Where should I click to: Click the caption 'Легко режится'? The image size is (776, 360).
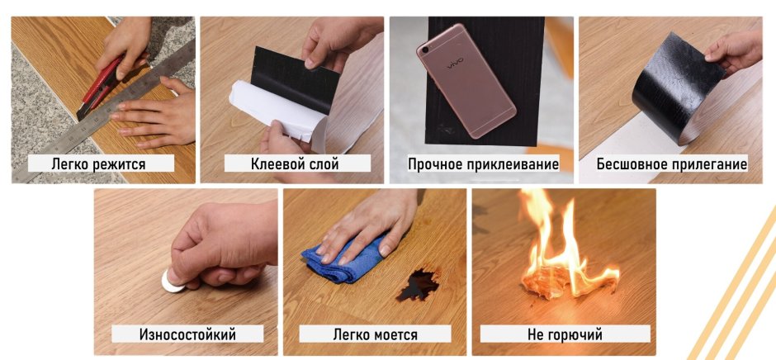click(98, 164)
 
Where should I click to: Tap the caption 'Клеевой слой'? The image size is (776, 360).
click(295, 163)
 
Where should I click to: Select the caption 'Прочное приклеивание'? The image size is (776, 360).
click(483, 163)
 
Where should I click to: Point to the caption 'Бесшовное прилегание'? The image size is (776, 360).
click(672, 164)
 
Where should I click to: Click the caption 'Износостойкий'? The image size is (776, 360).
click(187, 334)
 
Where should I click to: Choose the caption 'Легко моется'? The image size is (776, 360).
click(375, 334)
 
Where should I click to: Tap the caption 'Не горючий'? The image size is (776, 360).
click(565, 334)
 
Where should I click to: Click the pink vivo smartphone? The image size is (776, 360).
click(466, 80)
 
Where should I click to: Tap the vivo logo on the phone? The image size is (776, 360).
click(456, 64)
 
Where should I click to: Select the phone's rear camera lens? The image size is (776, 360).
click(424, 50)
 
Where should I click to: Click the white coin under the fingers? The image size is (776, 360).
click(172, 282)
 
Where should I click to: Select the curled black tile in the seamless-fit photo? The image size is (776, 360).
click(678, 89)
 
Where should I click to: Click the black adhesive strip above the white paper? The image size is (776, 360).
click(295, 79)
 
